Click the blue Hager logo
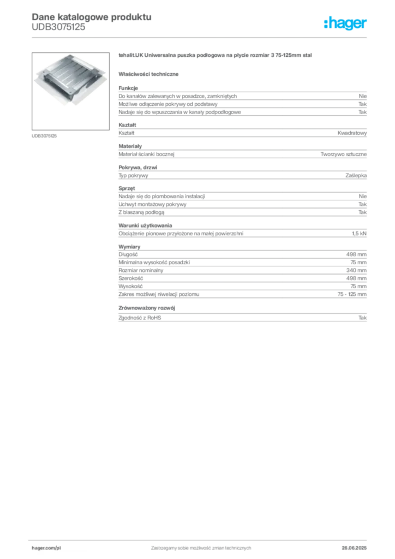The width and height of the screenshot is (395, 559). [x=346, y=25]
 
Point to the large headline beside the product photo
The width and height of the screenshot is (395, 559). [x=216, y=56]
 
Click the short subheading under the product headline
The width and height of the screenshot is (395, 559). [x=151, y=74]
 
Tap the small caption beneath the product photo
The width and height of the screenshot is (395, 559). [x=45, y=135]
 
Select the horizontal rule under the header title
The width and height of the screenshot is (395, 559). [x=201, y=37]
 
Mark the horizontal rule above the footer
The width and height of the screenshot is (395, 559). [x=201, y=539]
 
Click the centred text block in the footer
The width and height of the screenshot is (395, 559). [x=201, y=546]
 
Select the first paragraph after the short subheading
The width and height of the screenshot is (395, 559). [x=242, y=100]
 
